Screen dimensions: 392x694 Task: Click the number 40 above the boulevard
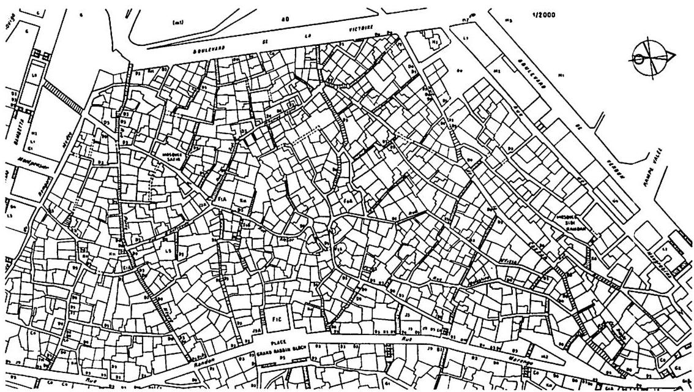(284, 19)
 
